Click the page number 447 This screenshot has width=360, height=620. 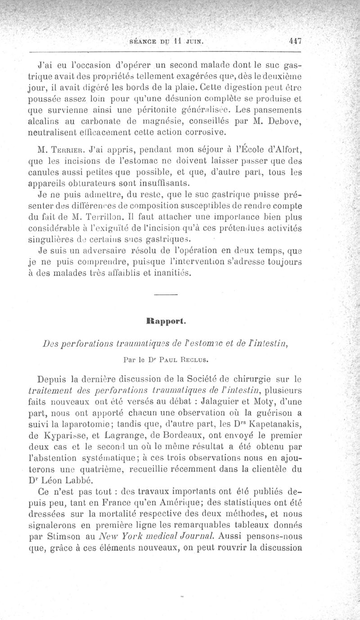coord(295,41)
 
